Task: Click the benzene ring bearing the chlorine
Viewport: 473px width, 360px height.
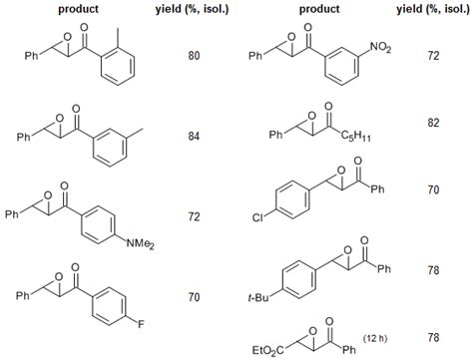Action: pos(286,194)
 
